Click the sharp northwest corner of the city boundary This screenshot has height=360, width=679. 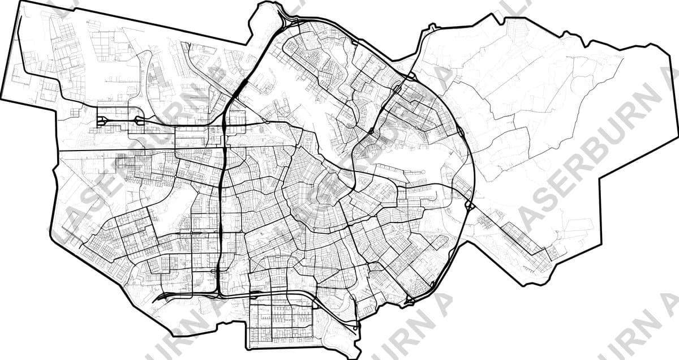[21, 2]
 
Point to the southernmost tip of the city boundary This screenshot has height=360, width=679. [355, 357]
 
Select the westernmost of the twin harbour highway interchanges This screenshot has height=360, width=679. [102, 121]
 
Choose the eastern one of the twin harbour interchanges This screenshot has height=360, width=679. [139, 120]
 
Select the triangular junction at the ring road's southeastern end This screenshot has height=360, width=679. [409, 300]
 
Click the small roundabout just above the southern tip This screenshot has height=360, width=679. [355, 327]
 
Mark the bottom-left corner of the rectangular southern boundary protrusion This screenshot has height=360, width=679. [248, 346]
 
